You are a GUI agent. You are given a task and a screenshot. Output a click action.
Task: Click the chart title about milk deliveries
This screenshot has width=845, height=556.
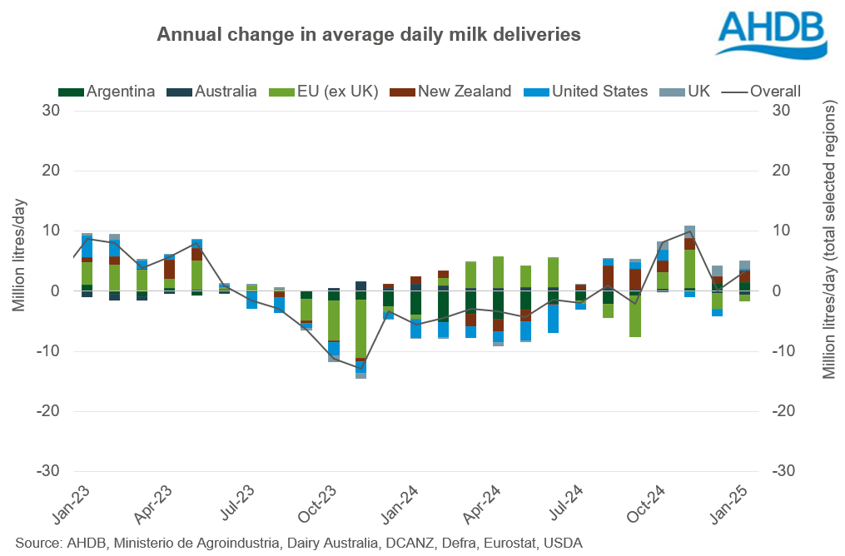point(369,35)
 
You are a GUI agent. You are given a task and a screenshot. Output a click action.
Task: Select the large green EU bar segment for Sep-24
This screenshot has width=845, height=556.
point(636,316)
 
